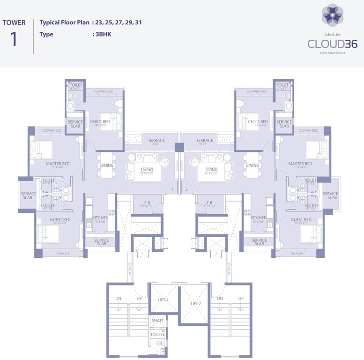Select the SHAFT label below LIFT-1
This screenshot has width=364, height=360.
158,320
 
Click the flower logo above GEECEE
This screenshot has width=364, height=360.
332,15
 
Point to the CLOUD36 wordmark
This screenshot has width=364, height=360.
332,44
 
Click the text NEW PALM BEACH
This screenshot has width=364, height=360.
332,53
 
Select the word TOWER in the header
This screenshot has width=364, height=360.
14,22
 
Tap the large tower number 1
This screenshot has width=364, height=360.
14,39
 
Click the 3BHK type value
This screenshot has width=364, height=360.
103,34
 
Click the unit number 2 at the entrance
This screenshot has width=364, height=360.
186,189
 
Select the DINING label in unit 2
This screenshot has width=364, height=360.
253,165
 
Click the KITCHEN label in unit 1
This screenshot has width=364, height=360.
101,217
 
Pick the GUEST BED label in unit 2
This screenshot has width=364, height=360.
301,220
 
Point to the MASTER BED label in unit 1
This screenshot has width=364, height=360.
58,164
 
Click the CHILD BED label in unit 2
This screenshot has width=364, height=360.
258,122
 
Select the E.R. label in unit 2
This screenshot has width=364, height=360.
209,202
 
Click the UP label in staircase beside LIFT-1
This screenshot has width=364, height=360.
139,298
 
